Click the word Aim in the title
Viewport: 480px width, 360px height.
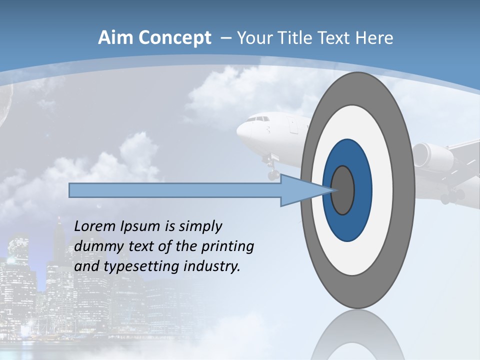116,38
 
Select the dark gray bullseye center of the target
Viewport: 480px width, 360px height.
343,190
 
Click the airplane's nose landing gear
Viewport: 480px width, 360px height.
272,170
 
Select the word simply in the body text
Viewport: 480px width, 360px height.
200,227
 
